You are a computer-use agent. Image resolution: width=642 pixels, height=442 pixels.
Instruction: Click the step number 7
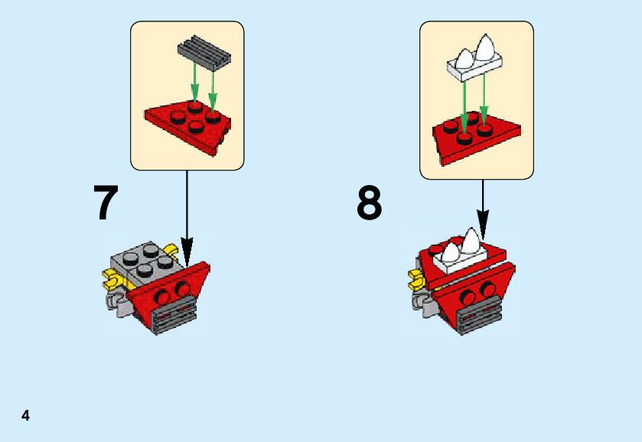pos(106,203)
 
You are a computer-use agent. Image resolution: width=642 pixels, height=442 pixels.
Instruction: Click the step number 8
pos(369,203)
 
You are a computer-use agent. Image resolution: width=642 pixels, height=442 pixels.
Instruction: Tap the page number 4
pos(25,416)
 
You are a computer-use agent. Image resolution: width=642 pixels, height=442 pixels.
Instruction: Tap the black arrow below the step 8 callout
pos(482,203)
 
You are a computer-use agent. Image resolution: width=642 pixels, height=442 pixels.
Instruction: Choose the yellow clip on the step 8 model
pos(418,280)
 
